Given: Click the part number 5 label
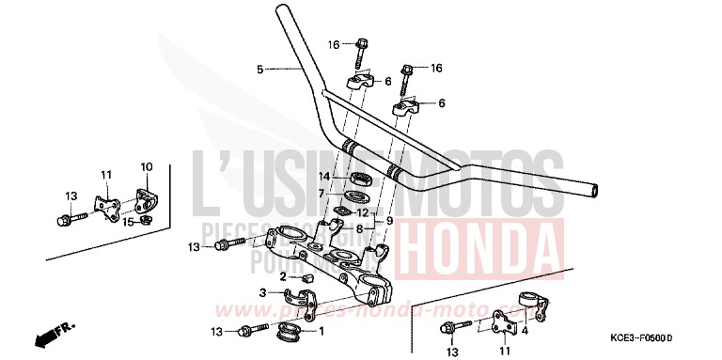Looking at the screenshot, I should (259, 69).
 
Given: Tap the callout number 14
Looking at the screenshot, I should (322, 176).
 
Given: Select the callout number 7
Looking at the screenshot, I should (322, 194).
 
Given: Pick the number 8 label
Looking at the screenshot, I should (358, 227).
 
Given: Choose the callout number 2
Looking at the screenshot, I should (283, 277).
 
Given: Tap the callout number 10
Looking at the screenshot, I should (146, 167).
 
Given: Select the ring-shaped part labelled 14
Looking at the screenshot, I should (360, 178).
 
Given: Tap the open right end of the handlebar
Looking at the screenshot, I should (594, 192).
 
